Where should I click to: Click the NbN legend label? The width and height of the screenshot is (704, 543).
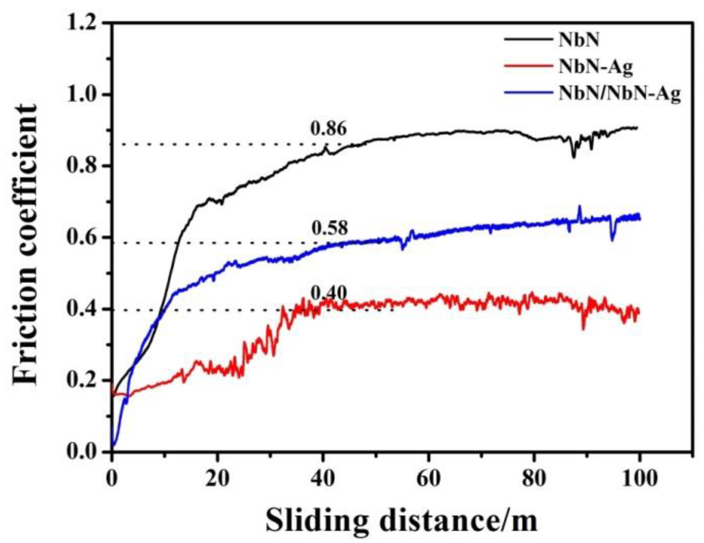tap(579, 40)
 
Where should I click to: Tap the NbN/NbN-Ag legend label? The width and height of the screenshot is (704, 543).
tap(619, 94)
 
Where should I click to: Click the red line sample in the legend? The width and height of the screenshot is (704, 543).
tap(528, 66)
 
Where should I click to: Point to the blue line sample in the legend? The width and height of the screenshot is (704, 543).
tap(528, 93)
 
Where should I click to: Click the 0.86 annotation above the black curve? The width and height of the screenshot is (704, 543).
tap(329, 129)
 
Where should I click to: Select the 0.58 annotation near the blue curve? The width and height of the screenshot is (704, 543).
tap(330, 228)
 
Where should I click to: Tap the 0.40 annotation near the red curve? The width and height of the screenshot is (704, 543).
tap(329, 294)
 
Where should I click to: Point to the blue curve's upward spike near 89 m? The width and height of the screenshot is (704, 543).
tap(579, 207)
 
